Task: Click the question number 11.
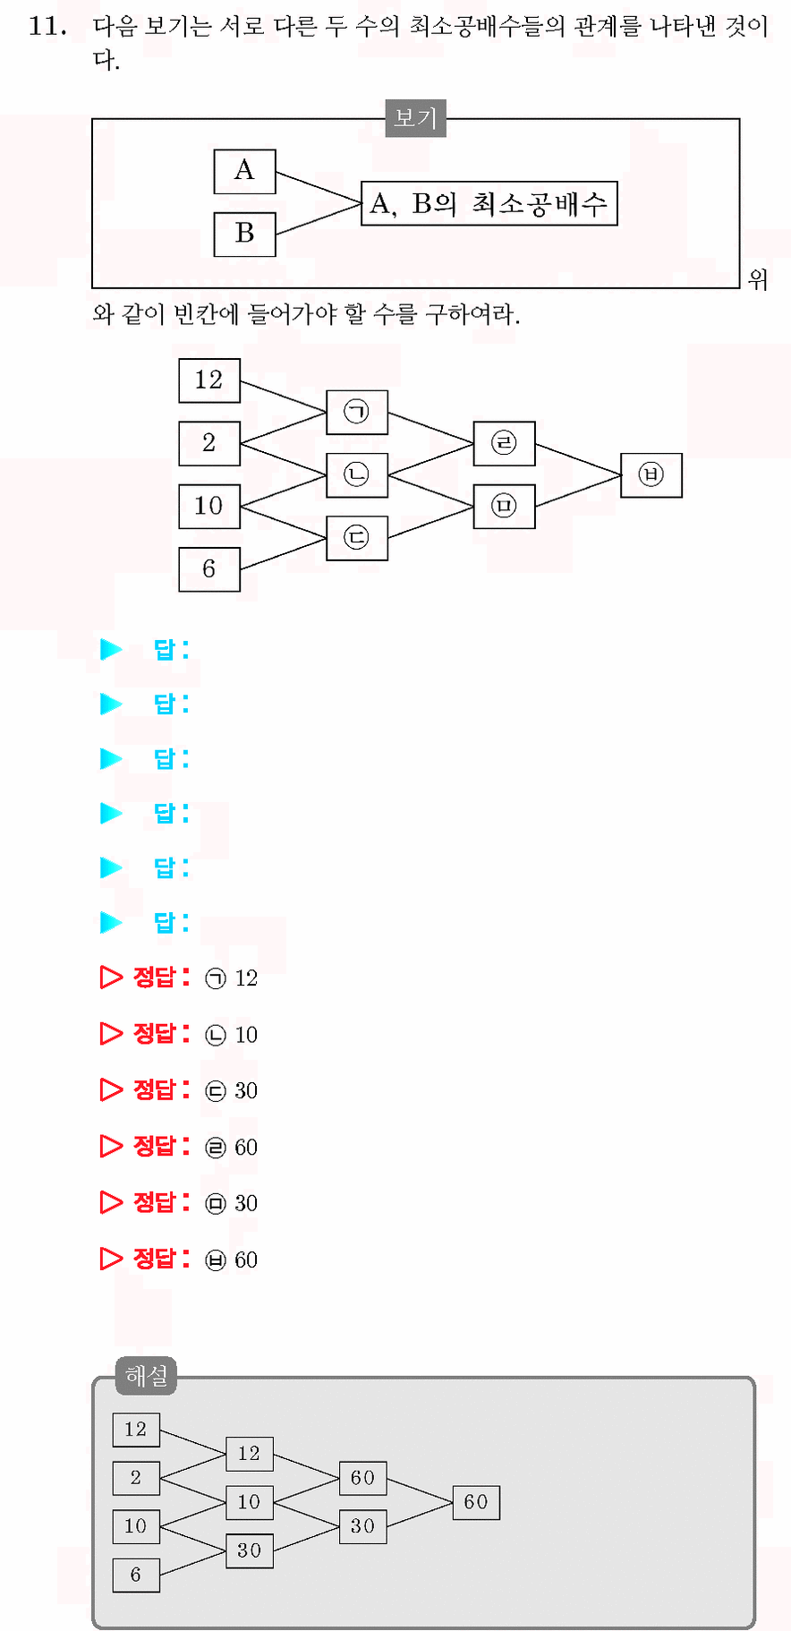[47, 26]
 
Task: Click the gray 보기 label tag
[415, 118]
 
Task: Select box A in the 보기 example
[244, 171]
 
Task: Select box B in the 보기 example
[244, 235]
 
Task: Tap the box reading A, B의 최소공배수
[489, 204]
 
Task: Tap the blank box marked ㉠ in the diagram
[357, 412]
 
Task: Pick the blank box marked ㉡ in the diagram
[357, 474]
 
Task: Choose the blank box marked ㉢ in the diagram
[357, 538]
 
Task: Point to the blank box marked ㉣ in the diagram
[505, 443]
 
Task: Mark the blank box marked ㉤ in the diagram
[505, 507]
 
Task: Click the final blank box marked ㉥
[651, 474]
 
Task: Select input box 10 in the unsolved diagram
[209, 507]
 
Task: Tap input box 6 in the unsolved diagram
[209, 569]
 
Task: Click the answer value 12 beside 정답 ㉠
[246, 978]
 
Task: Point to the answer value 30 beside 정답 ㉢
[246, 1091]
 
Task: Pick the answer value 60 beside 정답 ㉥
[246, 1260]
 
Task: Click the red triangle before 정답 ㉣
[111, 1146]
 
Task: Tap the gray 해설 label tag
[147, 1376]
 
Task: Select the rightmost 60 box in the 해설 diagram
[476, 1502]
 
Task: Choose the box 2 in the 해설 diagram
[136, 1478]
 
